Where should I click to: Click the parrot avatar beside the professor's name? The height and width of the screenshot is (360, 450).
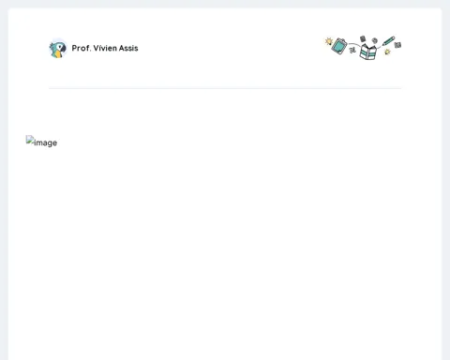pyautogui.click(x=58, y=49)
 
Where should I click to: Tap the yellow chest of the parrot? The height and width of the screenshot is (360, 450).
pyautogui.click(x=56, y=54)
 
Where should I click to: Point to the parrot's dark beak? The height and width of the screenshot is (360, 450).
pyautogui.click(x=63, y=49)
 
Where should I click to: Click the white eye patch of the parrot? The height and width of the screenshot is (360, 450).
pyautogui.click(x=59, y=47)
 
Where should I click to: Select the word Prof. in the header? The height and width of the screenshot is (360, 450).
pyautogui.click(x=82, y=48)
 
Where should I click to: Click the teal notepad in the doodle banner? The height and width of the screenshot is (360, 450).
pyautogui.click(x=339, y=46)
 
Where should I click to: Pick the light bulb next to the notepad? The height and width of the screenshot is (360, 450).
pyautogui.click(x=328, y=41)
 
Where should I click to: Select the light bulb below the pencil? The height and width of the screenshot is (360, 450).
pyautogui.click(x=387, y=52)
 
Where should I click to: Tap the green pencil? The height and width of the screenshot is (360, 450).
pyautogui.click(x=388, y=41)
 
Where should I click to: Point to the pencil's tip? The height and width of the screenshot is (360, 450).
pyautogui.click(x=382, y=46)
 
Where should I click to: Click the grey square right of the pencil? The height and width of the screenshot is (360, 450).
pyautogui.click(x=397, y=45)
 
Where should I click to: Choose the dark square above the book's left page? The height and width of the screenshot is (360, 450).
pyautogui.click(x=363, y=38)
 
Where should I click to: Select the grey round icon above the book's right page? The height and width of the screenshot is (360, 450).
pyautogui.click(x=375, y=40)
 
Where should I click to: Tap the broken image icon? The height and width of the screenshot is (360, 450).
pyautogui.click(x=30, y=140)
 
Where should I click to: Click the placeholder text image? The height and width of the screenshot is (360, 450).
pyautogui.click(x=45, y=142)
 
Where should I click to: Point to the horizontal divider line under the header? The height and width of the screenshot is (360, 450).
pyautogui.click(x=225, y=88)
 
